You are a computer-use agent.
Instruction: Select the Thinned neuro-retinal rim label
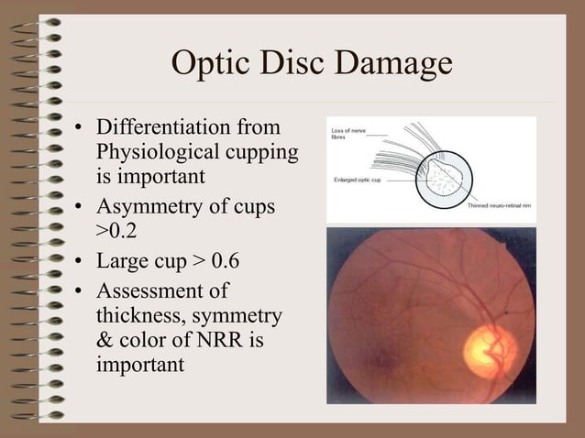(501, 205)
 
